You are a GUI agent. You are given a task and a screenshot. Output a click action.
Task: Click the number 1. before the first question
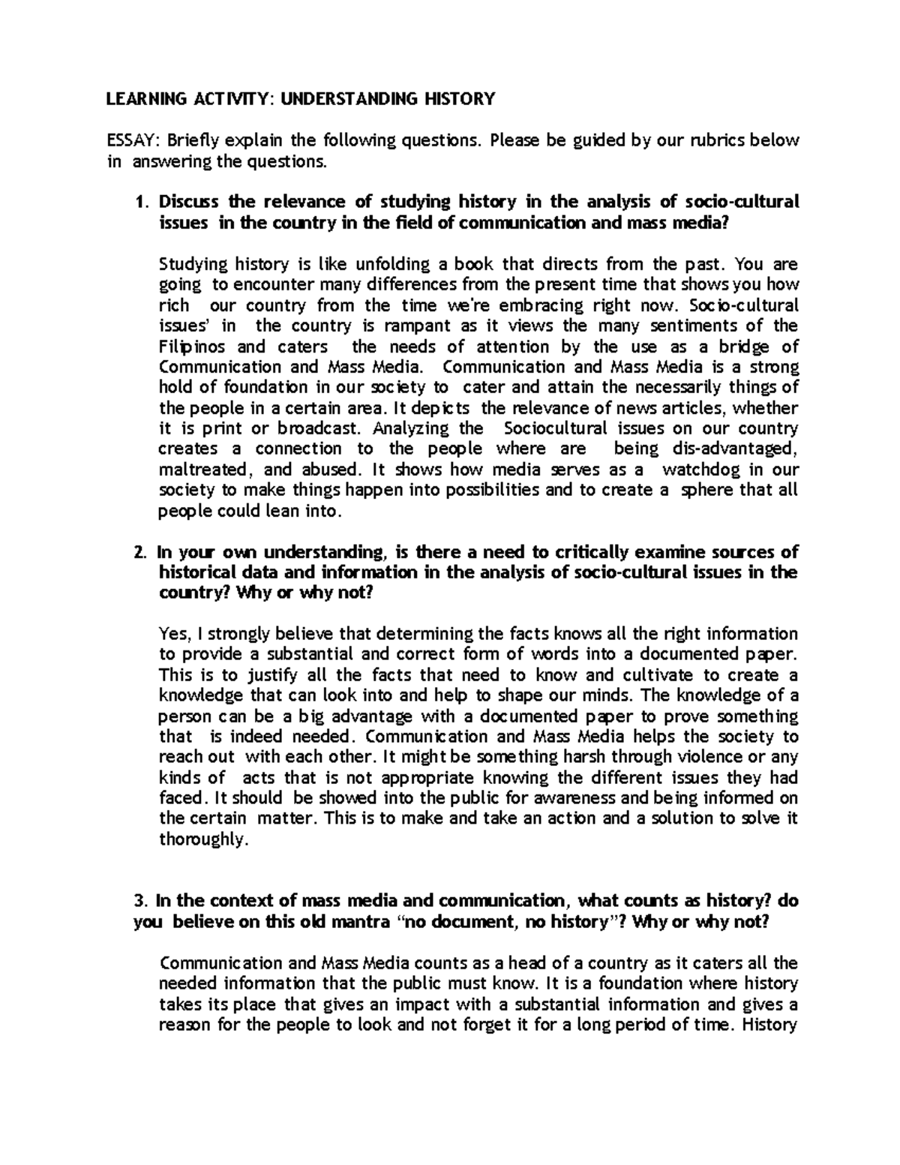tap(139, 202)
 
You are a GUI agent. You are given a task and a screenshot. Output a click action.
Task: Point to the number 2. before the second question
tap(139, 552)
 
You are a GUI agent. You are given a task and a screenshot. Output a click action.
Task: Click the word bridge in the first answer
tap(741, 347)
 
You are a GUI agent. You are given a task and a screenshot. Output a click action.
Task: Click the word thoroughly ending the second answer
tap(202, 839)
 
